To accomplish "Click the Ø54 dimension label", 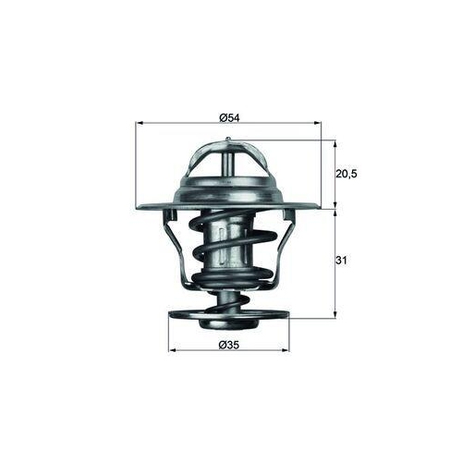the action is coord(229,117).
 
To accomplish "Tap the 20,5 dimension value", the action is coord(346,174).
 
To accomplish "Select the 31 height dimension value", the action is coord(341,261).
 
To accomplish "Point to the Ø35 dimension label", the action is coord(229,346).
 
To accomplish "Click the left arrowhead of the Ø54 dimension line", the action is coord(140,123).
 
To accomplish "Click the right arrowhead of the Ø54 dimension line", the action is coord(317,123).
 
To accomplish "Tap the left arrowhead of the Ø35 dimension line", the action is coord(173,350).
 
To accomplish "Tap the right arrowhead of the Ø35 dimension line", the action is coord(286,350).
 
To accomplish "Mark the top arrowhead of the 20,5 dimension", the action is coord(335,144).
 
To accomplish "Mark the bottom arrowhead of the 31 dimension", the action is coord(335,314).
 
